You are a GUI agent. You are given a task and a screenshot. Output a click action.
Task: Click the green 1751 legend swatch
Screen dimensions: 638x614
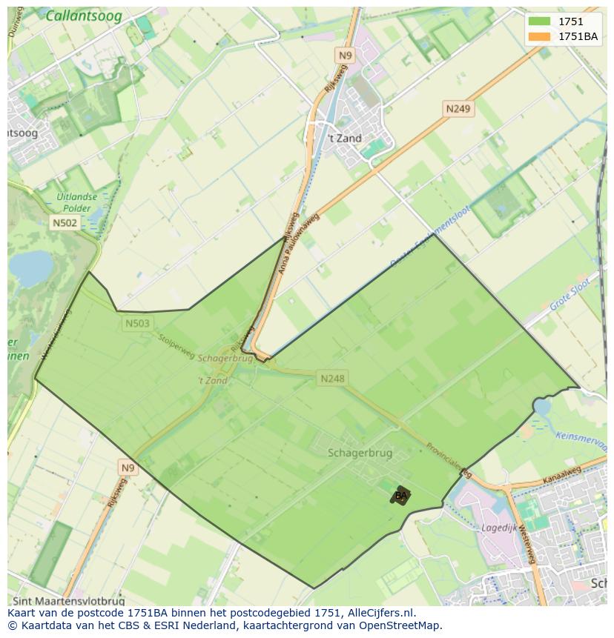coord(540,22)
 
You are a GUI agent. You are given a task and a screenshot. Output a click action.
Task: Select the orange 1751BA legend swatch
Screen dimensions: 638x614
coord(540,37)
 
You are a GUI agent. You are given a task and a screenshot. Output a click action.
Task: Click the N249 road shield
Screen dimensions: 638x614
coord(458,109)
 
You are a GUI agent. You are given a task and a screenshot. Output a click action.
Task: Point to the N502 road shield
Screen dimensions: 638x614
coord(65,222)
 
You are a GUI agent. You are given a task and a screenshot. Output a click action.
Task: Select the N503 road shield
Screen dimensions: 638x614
coord(136,323)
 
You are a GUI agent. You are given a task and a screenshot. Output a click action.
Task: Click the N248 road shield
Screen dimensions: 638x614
coord(332,379)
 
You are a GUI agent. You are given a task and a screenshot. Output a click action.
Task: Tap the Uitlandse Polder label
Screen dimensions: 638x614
coord(76,202)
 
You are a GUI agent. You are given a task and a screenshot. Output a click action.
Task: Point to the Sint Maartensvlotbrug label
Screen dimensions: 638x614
coord(67,601)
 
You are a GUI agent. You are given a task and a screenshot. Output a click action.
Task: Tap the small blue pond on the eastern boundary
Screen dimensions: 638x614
coord(542,406)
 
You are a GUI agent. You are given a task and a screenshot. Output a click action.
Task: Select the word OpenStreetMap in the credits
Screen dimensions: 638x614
coord(401,625)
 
